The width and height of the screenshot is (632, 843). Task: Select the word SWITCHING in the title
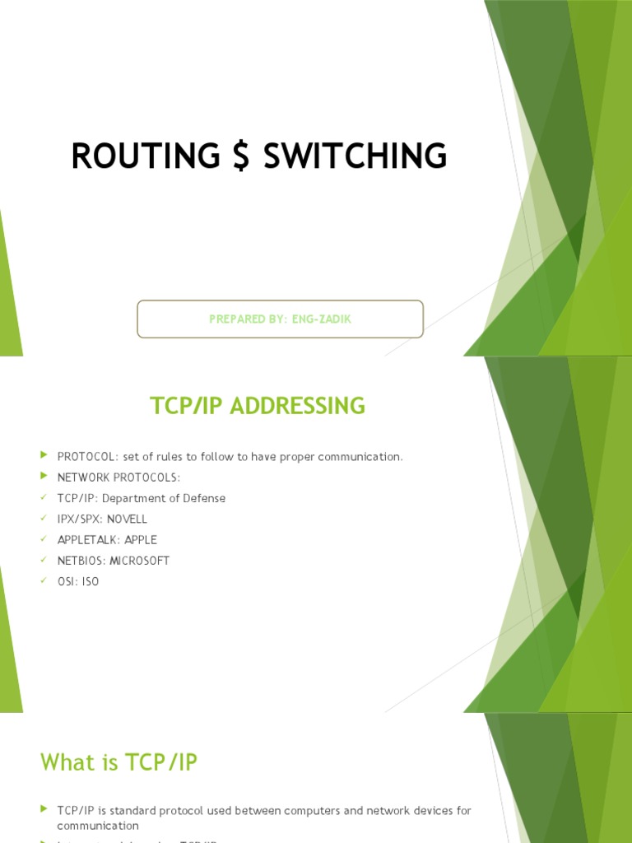tap(355, 156)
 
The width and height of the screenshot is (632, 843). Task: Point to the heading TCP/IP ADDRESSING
tap(257, 406)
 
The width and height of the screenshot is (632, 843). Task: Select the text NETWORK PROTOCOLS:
tap(118, 477)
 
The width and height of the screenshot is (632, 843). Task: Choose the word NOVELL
tap(128, 519)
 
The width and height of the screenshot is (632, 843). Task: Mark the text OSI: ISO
tap(77, 582)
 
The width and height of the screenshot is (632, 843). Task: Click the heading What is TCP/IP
tap(119, 762)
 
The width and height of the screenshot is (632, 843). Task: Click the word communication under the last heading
tap(98, 826)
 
